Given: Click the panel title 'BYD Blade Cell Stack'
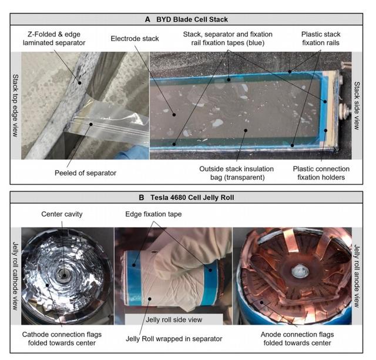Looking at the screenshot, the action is pyautogui.click(x=192, y=19).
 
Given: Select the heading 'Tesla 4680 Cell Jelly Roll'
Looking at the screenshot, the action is pyautogui.click(x=192, y=198).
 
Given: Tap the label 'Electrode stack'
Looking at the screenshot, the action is pyautogui.click(x=135, y=38).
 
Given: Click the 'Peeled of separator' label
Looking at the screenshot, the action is pyautogui.click(x=85, y=173).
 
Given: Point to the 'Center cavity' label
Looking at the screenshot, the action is pyautogui.click(x=62, y=214).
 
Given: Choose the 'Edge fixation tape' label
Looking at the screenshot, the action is pyautogui.click(x=153, y=214).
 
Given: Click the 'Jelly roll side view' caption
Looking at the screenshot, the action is pyautogui.click(x=174, y=319).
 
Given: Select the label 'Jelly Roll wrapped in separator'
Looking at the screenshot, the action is pyautogui.click(x=174, y=339).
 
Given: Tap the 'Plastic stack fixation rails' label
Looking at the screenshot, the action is pyautogui.click(x=321, y=38).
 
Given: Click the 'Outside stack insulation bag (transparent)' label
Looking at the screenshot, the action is pyautogui.click(x=236, y=173).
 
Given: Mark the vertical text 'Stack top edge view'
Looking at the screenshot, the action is pyautogui.click(x=15, y=106).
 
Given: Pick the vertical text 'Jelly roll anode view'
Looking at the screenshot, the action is pyautogui.click(x=357, y=276).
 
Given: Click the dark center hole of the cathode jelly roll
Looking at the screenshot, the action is pyautogui.click(x=64, y=275).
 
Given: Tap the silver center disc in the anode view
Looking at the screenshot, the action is pyautogui.click(x=299, y=272).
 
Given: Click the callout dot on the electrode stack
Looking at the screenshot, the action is pyautogui.click(x=174, y=115).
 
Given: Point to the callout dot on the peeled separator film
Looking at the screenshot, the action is pyautogui.click(x=91, y=124).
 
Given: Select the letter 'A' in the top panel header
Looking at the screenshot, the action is pyautogui.click(x=147, y=19).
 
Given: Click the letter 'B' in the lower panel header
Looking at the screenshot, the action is pyautogui.click(x=142, y=198).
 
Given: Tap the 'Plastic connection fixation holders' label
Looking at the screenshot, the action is pyautogui.click(x=321, y=173).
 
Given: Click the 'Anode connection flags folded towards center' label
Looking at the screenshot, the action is pyautogui.click(x=297, y=339).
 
